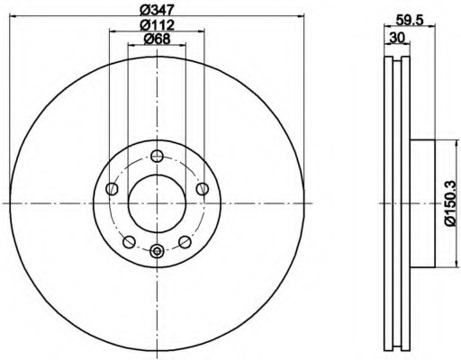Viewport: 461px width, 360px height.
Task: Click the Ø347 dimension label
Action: click(158, 10)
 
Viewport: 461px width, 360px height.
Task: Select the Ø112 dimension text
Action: click(158, 25)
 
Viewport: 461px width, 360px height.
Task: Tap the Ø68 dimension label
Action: click(157, 39)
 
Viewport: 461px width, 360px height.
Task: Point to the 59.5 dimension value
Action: click(409, 21)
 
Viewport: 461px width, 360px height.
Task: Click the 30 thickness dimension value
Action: click(397, 38)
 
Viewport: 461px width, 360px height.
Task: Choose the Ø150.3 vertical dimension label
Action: click(451, 203)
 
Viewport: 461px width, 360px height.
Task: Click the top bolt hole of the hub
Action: click(157, 156)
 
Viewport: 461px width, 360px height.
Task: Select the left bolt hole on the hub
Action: click(113, 189)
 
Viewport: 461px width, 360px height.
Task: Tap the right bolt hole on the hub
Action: click(203, 189)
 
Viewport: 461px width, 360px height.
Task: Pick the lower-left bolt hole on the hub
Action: click(130, 242)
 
